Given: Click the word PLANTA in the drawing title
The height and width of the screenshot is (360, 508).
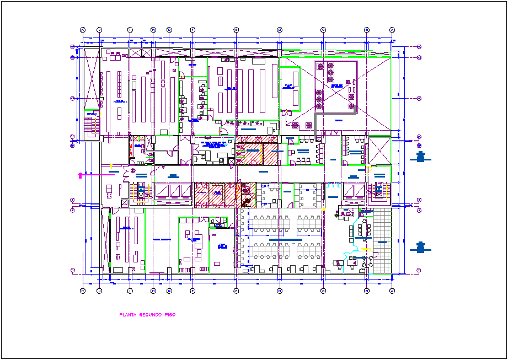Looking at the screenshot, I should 128,315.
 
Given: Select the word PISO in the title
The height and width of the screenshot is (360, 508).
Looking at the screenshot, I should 169,315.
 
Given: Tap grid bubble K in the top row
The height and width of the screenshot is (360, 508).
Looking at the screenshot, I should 83,30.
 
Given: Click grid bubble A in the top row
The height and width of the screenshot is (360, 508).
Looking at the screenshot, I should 392,30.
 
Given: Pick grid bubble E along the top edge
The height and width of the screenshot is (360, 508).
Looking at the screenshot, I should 236,30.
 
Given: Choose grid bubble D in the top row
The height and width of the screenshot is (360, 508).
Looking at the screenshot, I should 280,30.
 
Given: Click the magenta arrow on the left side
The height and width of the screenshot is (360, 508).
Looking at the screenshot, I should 82,175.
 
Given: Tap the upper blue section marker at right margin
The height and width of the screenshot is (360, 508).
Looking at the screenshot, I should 420,158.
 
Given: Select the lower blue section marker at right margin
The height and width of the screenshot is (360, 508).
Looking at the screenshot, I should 420,248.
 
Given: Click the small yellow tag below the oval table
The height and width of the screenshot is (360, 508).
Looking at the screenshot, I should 362,249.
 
